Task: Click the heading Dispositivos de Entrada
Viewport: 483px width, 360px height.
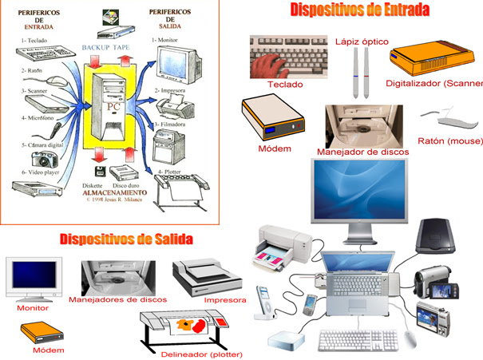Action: (359, 10)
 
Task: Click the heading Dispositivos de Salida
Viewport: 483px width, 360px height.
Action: (126, 239)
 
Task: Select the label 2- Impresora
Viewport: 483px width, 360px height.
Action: (171, 91)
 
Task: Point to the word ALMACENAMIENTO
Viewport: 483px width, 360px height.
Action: (113, 192)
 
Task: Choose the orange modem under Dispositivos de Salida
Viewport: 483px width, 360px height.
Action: (38, 332)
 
